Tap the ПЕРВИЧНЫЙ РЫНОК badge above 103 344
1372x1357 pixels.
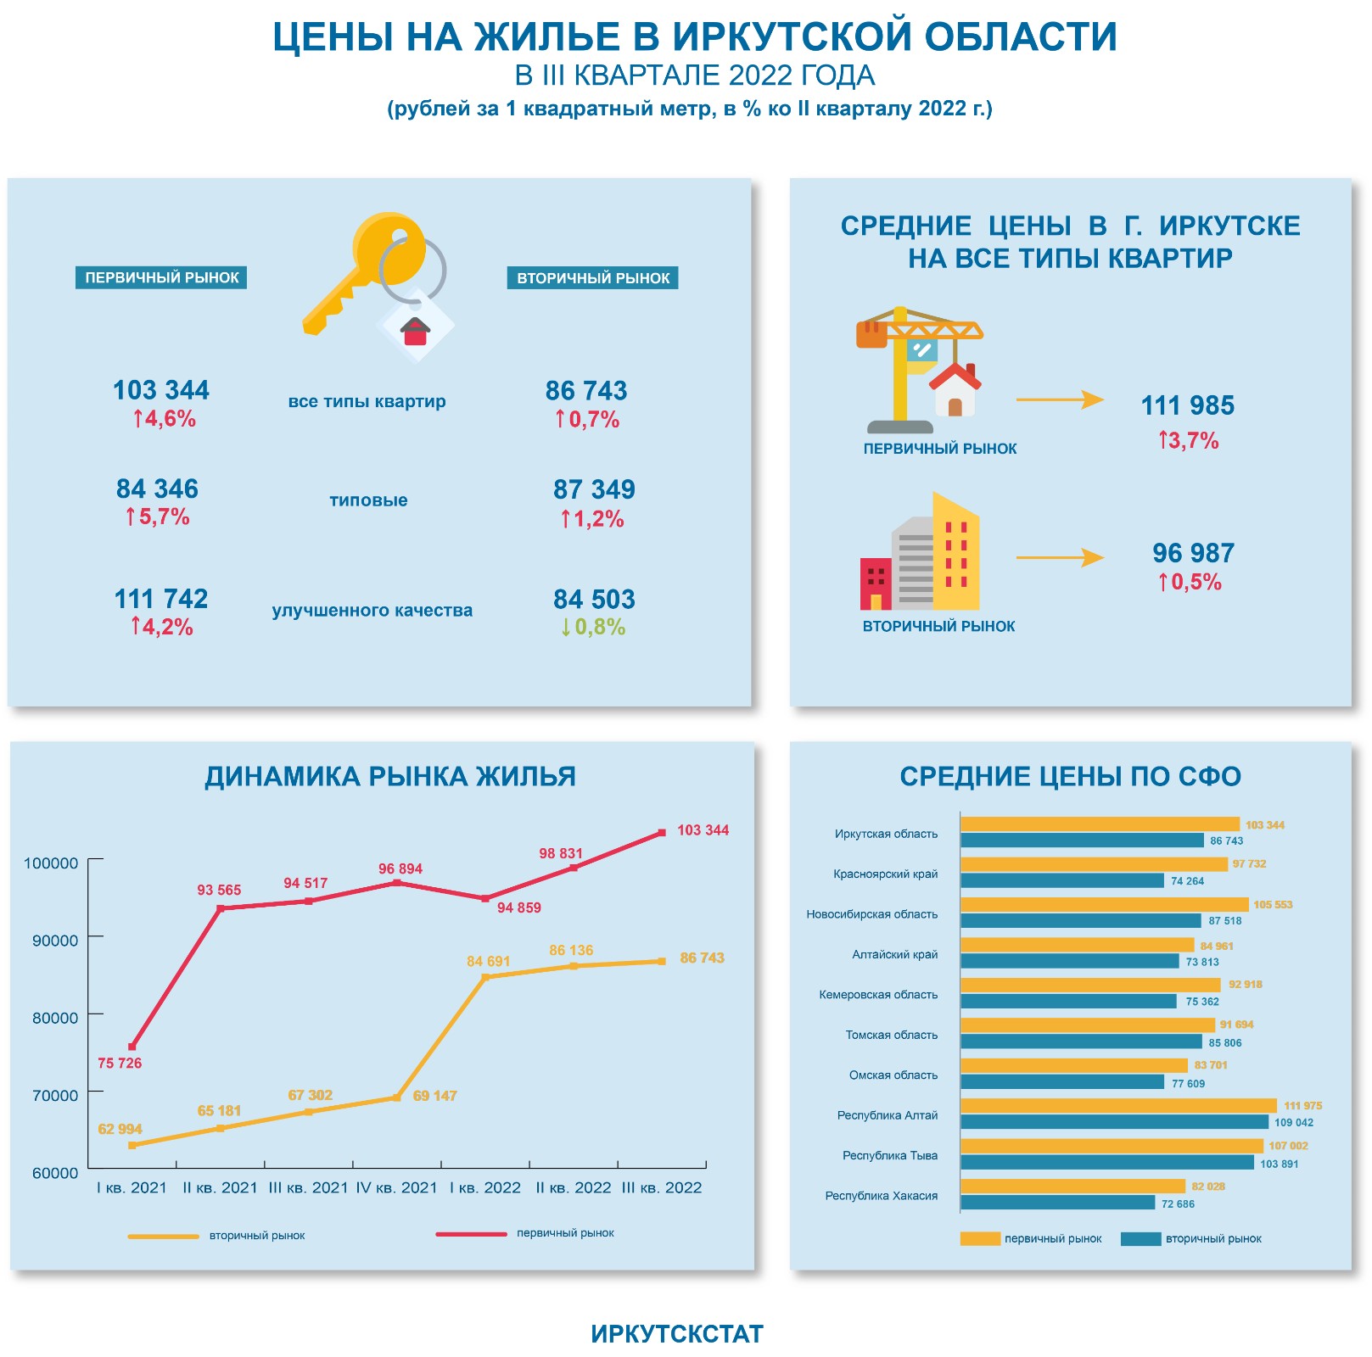(161, 278)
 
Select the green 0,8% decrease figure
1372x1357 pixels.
(593, 628)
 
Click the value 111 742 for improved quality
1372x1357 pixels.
(161, 600)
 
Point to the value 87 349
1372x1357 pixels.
(594, 490)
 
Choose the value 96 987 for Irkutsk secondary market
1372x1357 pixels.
(1193, 554)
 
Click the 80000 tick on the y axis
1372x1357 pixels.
(55, 1018)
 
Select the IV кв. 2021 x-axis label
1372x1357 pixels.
(396, 1188)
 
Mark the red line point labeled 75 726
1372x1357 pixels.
(132, 1047)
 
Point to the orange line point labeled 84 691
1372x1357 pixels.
(485, 978)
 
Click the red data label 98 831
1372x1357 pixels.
(561, 853)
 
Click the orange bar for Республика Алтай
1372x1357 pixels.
(1118, 1106)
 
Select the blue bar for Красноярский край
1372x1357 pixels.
(1062, 881)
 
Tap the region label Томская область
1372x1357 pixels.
(891, 1035)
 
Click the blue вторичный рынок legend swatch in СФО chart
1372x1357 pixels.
(1140, 1239)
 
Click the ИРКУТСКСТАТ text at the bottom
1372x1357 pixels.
(677, 1334)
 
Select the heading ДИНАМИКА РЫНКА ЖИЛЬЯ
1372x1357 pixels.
(390, 777)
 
